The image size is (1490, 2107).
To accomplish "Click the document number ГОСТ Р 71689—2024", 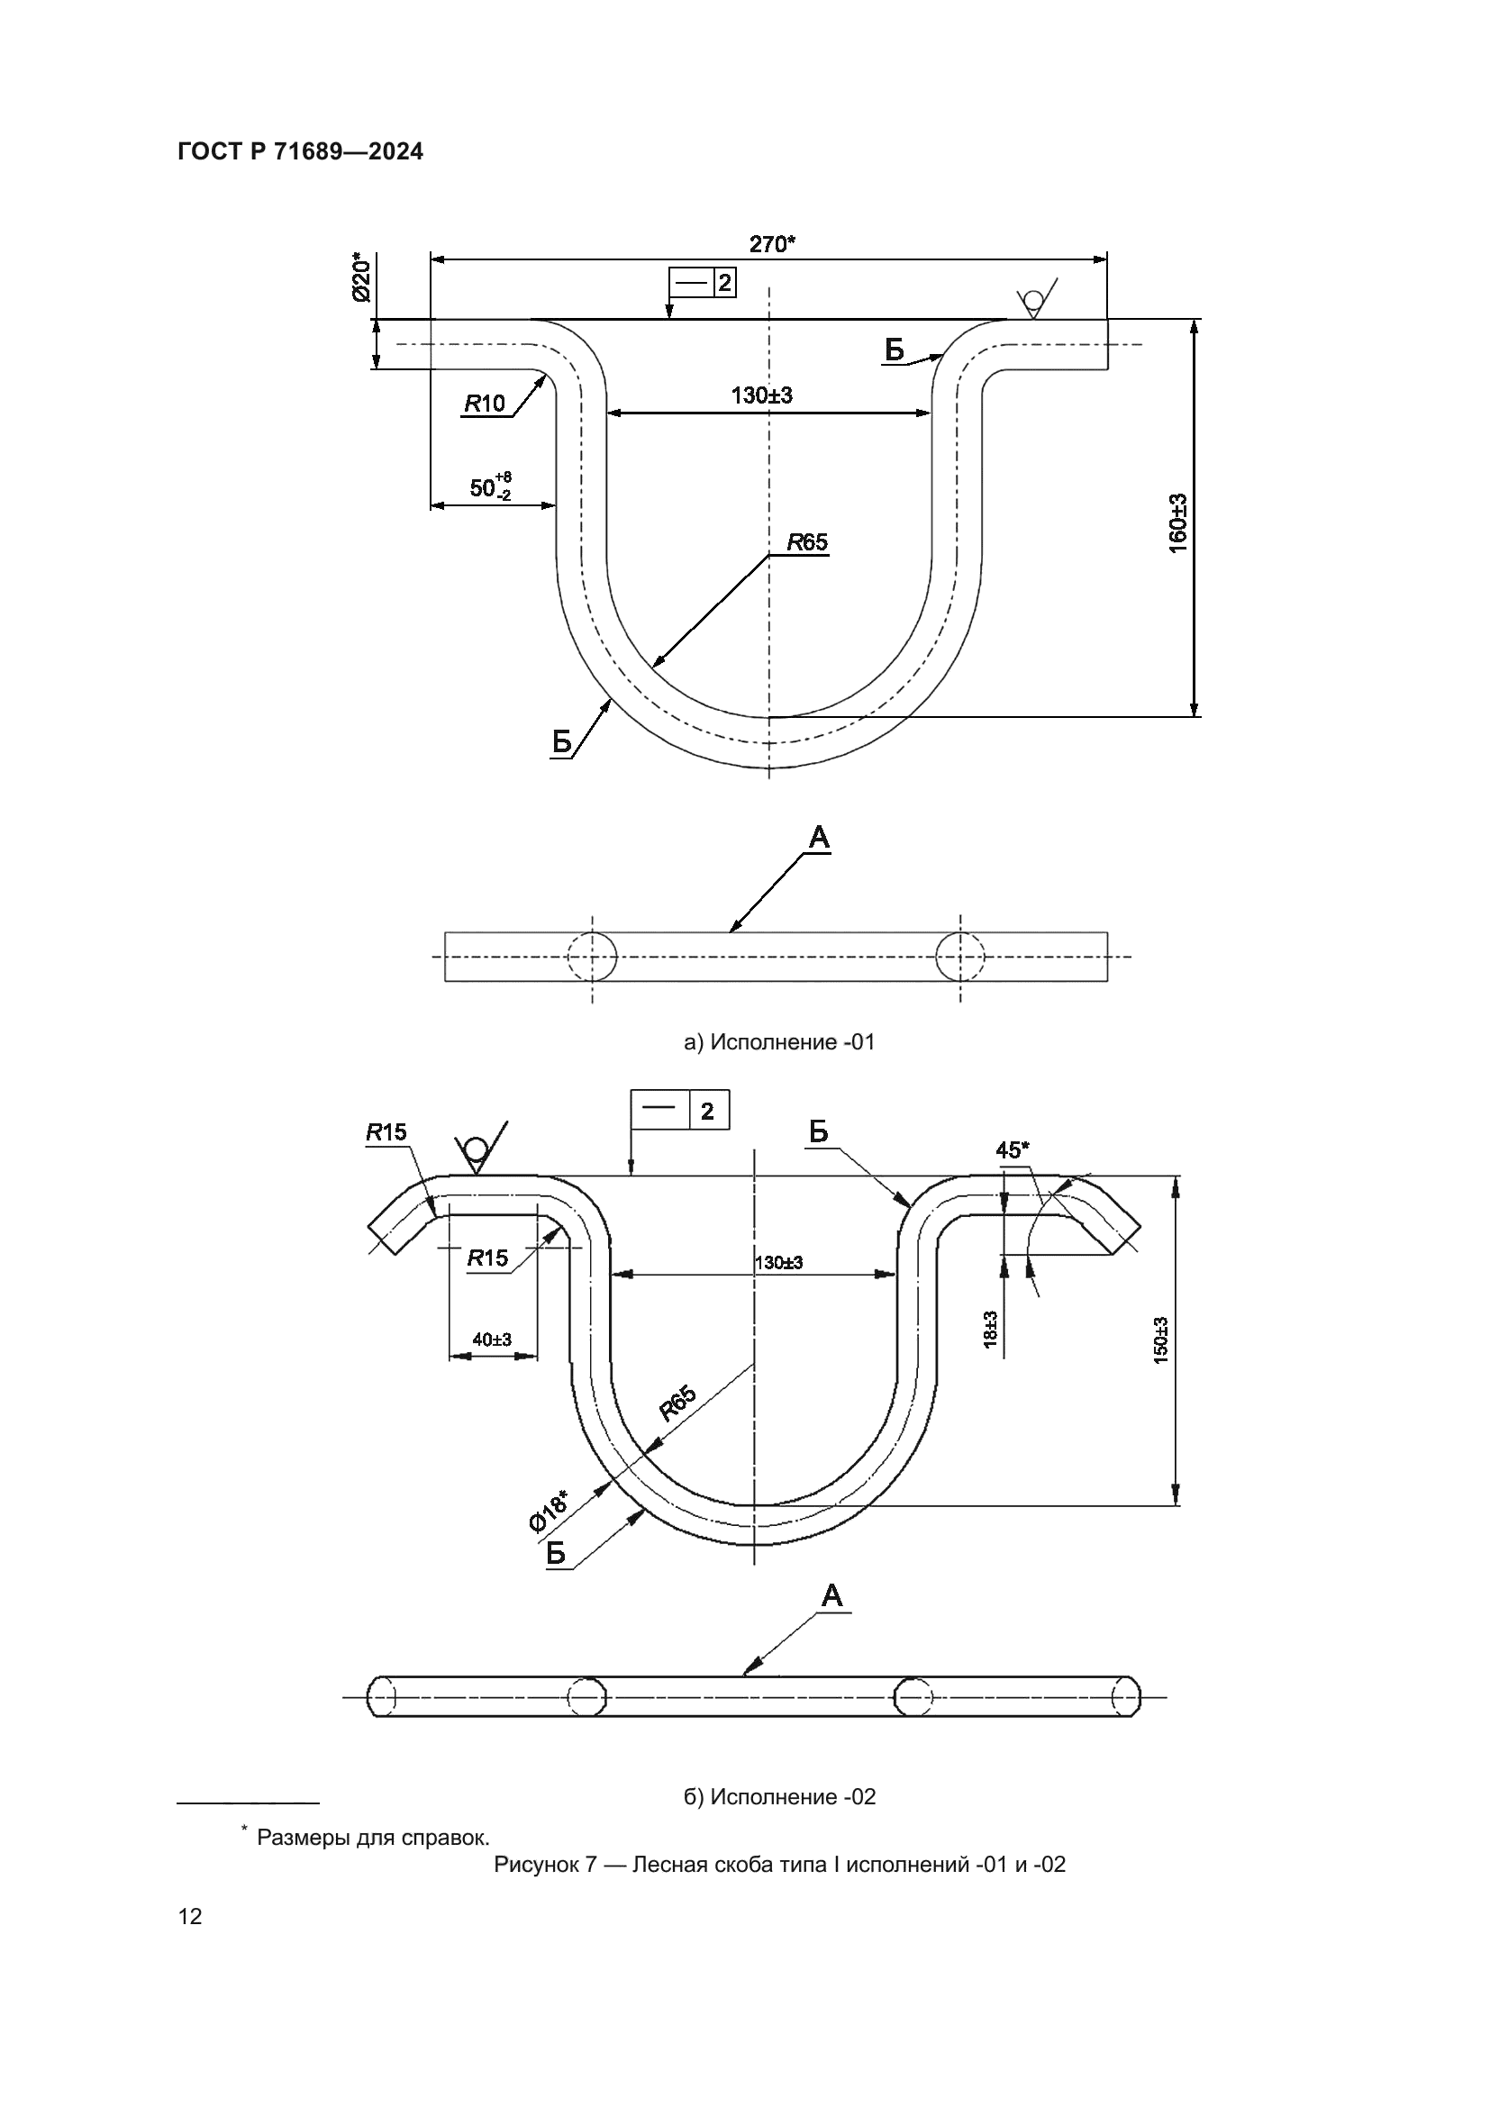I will pyautogui.click(x=300, y=152).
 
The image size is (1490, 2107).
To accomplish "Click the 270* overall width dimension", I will pyautogui.click(x=772, y=244).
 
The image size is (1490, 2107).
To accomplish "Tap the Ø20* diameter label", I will pyautogui.click(x=359, y=280).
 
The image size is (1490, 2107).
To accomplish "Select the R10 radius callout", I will pyautogui.click(x=485, y=403).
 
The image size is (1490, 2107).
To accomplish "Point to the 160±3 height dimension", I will pyautogui.click(x=1178, y=523).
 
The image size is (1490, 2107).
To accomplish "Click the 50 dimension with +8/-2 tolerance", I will pyautogui.click(x=490, y=486).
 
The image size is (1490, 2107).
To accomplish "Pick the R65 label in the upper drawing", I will pyautogui.click(x=807, y=542).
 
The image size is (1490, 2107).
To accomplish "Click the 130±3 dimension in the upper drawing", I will pyautogui.click(x=761, y=395).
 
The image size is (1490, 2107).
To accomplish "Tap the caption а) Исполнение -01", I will pyautogui.click(x=779, y=1042).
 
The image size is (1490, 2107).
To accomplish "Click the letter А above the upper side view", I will pyautogui.click(x=818, y=837).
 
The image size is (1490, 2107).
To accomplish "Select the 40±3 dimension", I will pyautogui.click(x=492, y=1340).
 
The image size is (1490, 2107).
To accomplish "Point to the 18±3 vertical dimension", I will pyautogui.click(x=991, y=1328).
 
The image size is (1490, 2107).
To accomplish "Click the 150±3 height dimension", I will pyautogui.click(x=1160, y=1340).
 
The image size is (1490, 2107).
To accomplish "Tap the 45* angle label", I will pyautogui.click(x=1013, y=1149).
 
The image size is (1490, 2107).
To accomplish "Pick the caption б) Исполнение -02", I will pyautogui.click(x=779, y=1797).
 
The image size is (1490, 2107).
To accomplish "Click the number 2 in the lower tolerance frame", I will pyautogui.click(x=706, y=1112).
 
